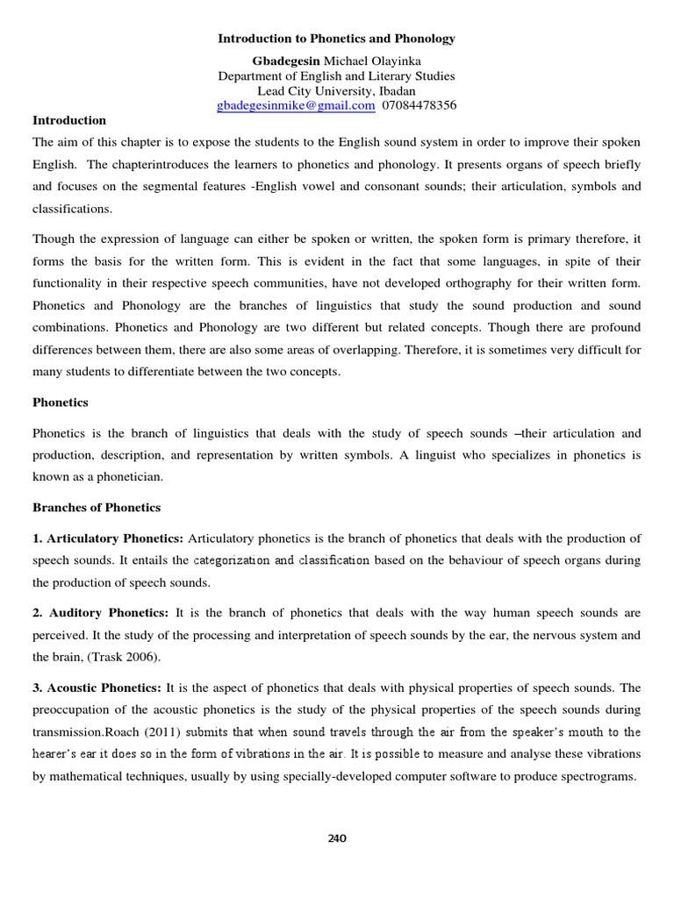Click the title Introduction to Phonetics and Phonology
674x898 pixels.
pos(337,39)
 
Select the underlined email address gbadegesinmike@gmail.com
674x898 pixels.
pos(296,105)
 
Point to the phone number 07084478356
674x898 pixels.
pos(419,105)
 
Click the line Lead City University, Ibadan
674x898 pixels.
pos(337,90)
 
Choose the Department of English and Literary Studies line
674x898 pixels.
pos(337,75)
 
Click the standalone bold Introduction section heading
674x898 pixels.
pos(69,120)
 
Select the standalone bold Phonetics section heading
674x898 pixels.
pos(61,403)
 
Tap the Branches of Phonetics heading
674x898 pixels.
pos(97,508)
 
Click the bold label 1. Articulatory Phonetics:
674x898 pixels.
pos(108,538)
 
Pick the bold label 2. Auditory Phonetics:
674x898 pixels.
pos(102,613)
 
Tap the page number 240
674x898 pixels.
pos(337,838)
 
